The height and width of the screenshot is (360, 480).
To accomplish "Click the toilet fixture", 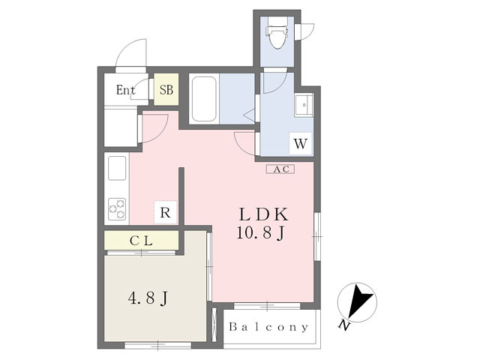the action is pos(277,34).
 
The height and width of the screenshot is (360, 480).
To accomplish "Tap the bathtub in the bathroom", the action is pos(204,98).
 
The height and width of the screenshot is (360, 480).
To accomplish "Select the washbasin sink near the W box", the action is pos(303,105).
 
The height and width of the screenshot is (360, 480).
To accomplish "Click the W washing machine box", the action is pos(301,143).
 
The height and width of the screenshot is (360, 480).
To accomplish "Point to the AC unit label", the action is pos(280,169).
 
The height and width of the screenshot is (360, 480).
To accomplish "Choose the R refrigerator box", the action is pos(166,212).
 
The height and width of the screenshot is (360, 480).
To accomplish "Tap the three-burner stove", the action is pos(117,209).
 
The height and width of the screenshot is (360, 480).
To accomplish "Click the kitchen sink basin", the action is pos(117,168).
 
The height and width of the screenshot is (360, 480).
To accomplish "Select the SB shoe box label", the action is pos(166,90).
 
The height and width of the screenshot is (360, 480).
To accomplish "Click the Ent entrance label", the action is pos(125,90).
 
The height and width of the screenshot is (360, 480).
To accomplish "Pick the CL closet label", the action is pos(141,241).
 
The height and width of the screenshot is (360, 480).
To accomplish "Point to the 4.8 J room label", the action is pos(148,298).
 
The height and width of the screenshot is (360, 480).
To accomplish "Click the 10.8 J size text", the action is pos(261,233).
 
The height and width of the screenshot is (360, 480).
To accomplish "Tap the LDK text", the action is pos(263,214).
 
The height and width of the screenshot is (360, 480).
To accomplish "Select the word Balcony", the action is pos(268,327).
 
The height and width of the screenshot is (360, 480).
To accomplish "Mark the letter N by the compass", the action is pos(344,325).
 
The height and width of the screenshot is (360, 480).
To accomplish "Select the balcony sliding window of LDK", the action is pos(267,305).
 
